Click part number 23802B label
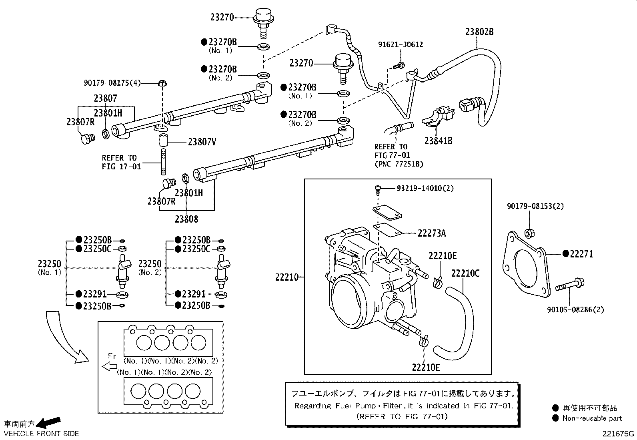tap(479, 32)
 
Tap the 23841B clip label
tap(438, 141)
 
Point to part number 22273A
tap(431, 233)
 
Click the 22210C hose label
tap(465, 273)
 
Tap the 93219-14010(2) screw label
tap(425, 188)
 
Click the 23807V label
tap(202, 142)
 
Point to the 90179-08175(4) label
tap(112, 82)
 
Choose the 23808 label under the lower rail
tap(186, 219)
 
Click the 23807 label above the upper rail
tap(106, 98)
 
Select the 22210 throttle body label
tap(287, 277)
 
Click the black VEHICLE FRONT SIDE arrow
tap(51, 422)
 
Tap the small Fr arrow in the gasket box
tap(109, 366)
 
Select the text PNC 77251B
tap(399, 164)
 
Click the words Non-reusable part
tap(592, 418)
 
